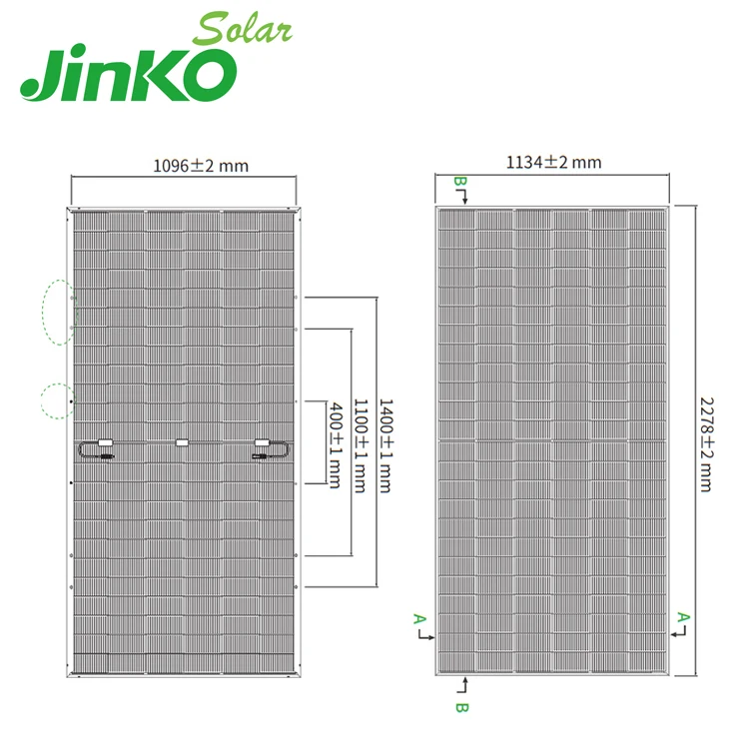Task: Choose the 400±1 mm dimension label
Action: [334, 444]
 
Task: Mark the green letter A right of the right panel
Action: [683, 617]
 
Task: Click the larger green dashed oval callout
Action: [59, 312]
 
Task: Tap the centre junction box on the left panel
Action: [181, 442]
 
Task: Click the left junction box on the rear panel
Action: [104, 441]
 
